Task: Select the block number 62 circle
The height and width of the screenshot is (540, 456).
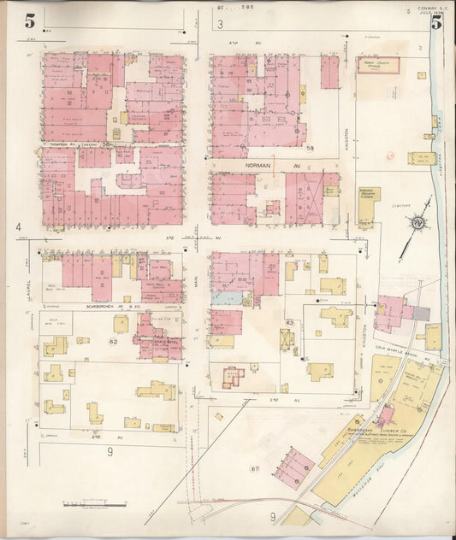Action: click(x=112, y=341)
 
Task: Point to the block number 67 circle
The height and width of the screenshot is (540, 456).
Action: click(x=254, y=469)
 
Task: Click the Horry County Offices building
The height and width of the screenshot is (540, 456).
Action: click(x=377, y=66)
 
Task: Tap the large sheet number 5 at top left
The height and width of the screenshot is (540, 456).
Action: click(x=30, y=21)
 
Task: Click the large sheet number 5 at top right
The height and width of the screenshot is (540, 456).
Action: click(x=435, y=23)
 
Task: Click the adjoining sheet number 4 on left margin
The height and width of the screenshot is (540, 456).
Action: click(x=17, y=227)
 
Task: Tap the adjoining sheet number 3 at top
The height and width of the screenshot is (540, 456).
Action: click(x=220, y=24)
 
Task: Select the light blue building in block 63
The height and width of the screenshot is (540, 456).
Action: click(x=225, y=299)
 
